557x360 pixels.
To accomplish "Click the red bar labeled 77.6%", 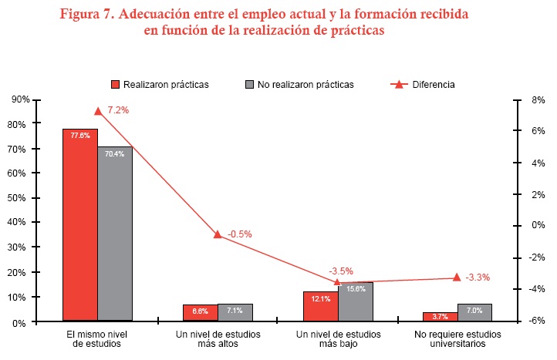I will (x=79, y=224).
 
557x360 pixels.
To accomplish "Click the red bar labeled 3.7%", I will (x=440, y=316).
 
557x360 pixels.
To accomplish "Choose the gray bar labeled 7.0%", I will (x=474, y=311).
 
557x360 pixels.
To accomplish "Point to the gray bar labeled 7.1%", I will (x=235, y=312).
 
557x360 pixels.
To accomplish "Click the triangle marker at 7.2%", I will (x=97, y=111).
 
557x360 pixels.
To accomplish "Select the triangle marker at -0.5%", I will (x=218, y=234).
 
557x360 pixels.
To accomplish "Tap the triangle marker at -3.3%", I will (x=457, y=278).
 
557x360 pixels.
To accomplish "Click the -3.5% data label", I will (x=341, y=271).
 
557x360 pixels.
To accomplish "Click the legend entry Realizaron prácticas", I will (x=160, y=84).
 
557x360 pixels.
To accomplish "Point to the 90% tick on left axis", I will (x=21, y=100).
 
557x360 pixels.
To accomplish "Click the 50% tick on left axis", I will (x=21, y=198).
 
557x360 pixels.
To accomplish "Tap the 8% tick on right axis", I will (x=538, y=100).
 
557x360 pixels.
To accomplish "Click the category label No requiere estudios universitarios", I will (x=457, y=339).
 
